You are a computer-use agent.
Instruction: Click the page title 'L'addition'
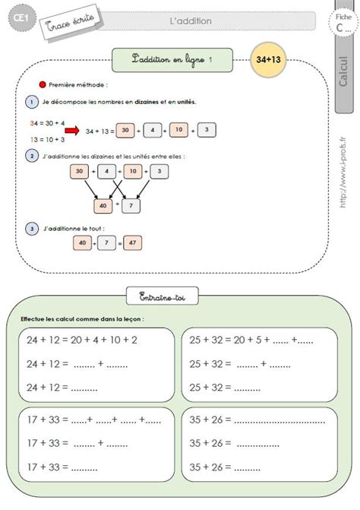191,21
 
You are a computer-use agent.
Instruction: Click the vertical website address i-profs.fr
344,179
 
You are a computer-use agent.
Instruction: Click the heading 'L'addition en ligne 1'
178,59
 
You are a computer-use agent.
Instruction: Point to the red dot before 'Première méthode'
43,86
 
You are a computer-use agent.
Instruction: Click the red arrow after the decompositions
72,130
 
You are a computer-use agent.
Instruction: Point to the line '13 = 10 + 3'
46,139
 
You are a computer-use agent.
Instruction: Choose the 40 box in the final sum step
84,243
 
